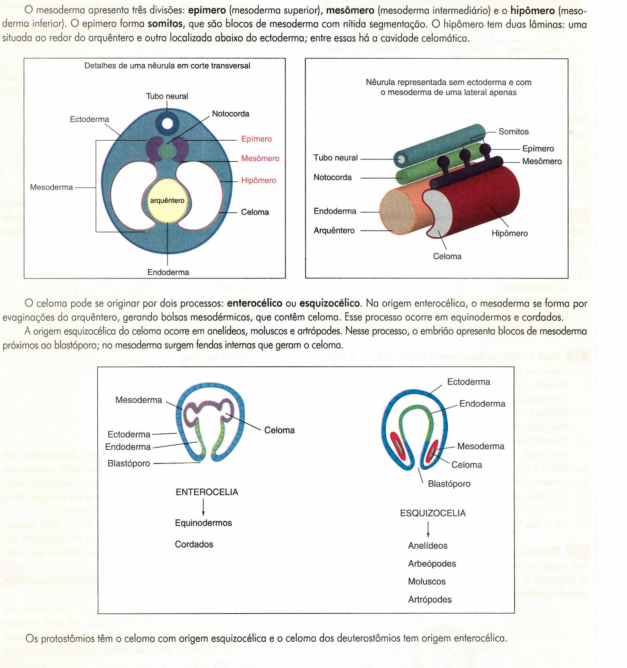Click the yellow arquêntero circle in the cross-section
pyautogui.click(x=167, y=201)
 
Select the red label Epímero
pyautogui.click(x=256, y=139)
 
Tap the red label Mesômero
pyautogui.click(x=260, y=158)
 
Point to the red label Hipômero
pyautogui.click(x=258, y=180)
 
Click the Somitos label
pyautogui.click(x=513, y=132)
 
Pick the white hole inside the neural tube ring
pyautogui.click(x=167, y=124)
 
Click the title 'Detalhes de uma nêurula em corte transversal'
pyautogui.click(x=167, y=66)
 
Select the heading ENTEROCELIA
pyautogui.click(x=207, y=492)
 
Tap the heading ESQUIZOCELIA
pyautogui.click(x=432, y=513)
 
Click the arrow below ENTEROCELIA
pyautogui.click(x=203, y=507)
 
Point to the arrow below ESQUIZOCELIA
pyautogui.click(x=428, y=529)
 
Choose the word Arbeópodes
pyautogui.click(x=432, y=564)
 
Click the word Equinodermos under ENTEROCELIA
pyautogui.click(x=203, y=523)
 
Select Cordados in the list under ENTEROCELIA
pyautogui.click(x=194, y=544)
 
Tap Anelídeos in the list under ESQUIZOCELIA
pyautogui.click(x=427, y=546)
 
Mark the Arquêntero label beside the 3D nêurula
pyautogui.click(x=334, y=230)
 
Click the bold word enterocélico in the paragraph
pyautogui.click(x=254, y=303)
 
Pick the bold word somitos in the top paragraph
pyautogui.click(x=165, y=24)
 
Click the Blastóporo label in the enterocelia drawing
pyautogui.click(x=129, y=463)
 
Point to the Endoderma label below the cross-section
pyautogui.click(x=168, y=272)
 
